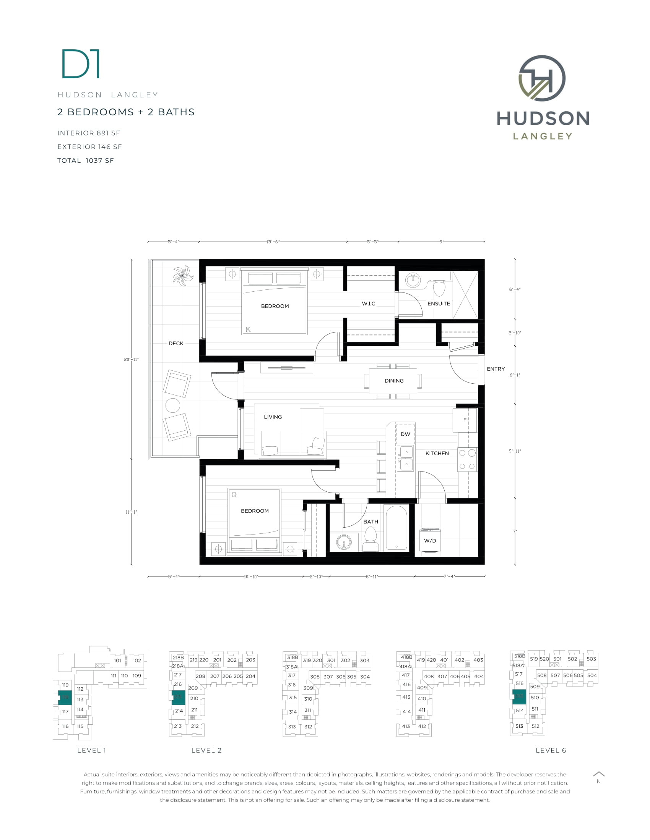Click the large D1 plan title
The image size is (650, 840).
81,64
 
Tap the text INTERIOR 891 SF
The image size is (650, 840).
89,133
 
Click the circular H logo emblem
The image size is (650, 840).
542,78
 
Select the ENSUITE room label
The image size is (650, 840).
438,304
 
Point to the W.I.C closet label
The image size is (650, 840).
368,304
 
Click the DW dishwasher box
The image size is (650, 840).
405,434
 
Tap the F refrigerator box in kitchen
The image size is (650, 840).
465,420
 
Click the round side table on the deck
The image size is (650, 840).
172,405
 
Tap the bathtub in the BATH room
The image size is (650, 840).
396,528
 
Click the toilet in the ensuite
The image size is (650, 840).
439,288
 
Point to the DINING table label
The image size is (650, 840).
393,380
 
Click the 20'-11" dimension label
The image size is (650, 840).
131,359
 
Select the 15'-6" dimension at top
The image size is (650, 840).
273,242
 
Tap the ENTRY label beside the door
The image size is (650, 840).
495,368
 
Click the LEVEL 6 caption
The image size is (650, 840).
551,750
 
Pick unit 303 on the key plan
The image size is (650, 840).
364,661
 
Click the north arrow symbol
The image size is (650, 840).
598,774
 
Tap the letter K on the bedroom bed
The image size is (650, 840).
248,329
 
